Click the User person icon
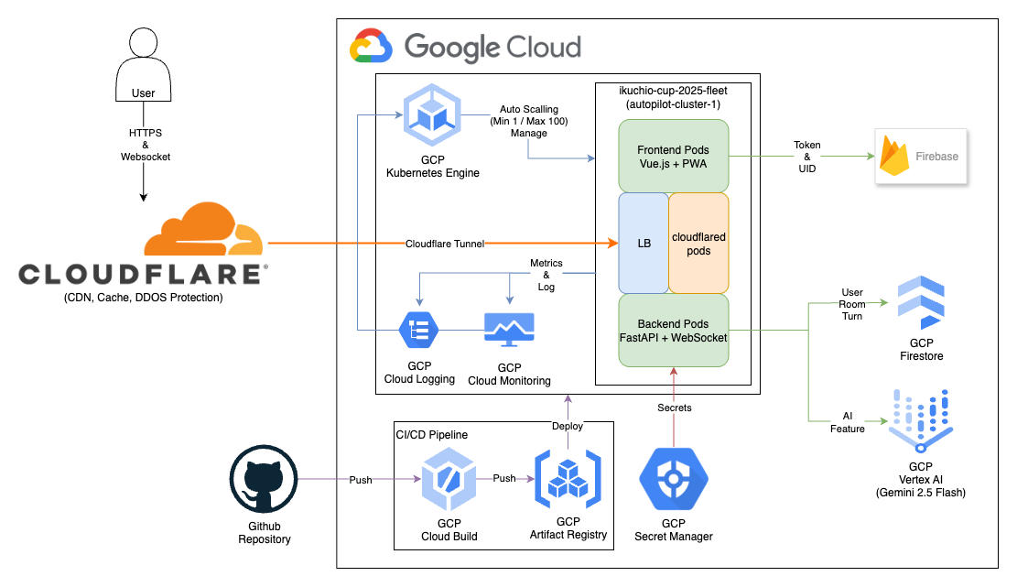pyautogui.click(x=143, y=64)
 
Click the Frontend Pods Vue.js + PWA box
pyautogui.click(x=673, y=156)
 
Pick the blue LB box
pyautogui.click(x=644, y=243)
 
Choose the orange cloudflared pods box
pyautogui.click(x=698, y=243)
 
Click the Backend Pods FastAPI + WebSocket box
pyautogui.click(x=673, y=331)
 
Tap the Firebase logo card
pyautogui.click(x=920, y=156)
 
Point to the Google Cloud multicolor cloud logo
pyautogui.click(x=371, y=47)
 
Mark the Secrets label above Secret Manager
pyautogui.click(x=674, y=407)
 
